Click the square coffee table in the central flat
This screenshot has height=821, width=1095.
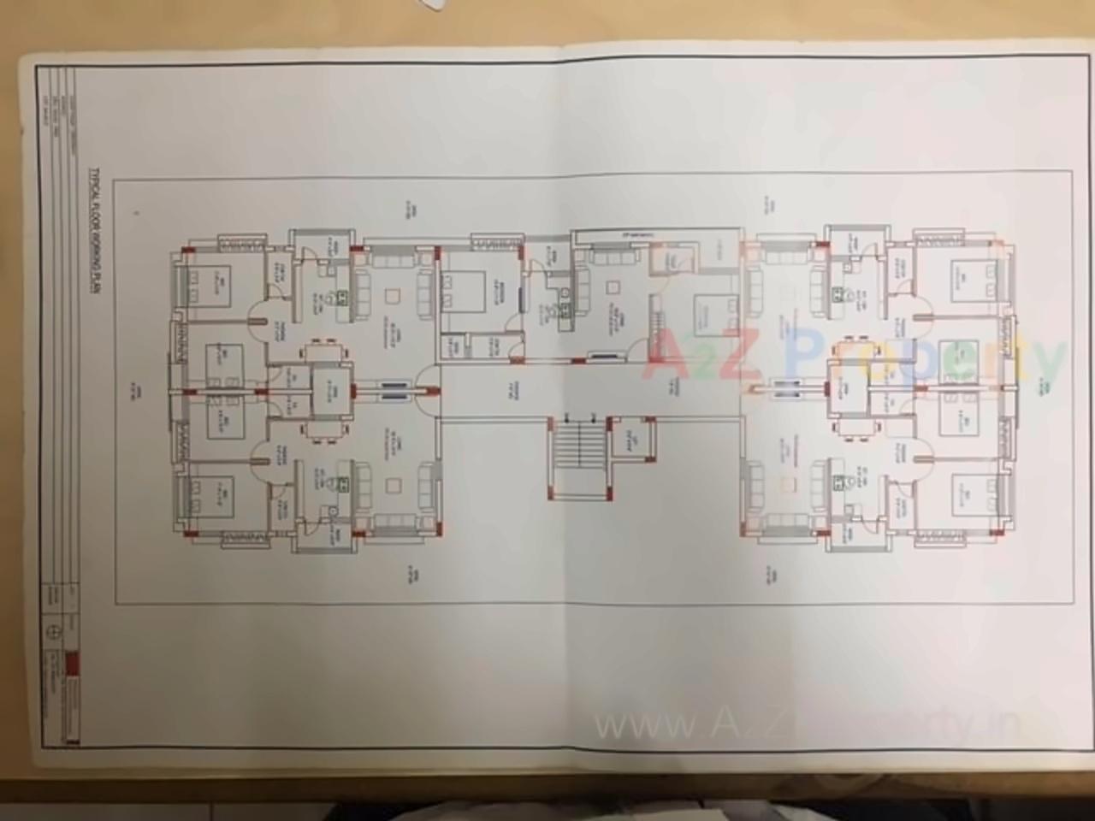[613, 289]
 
